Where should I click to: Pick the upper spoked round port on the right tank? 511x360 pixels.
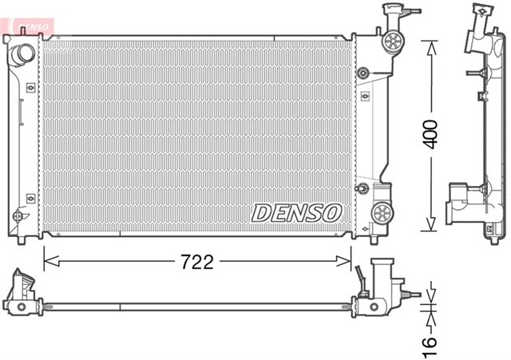[392, 43]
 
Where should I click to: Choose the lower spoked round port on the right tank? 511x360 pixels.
[383, 212]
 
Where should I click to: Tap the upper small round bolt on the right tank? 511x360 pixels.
[364, 74]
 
